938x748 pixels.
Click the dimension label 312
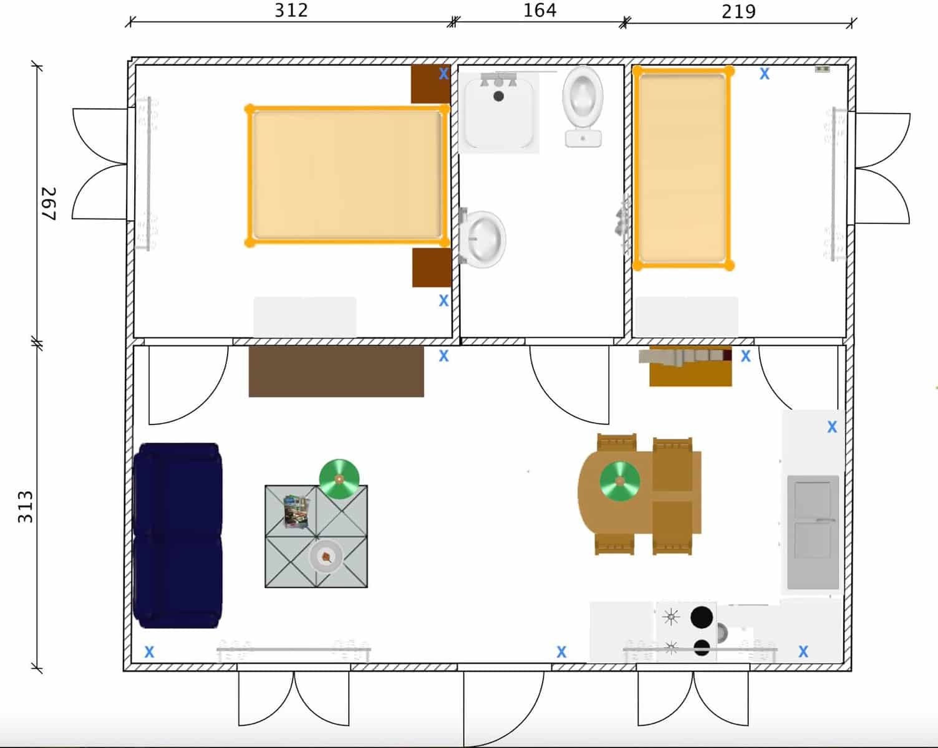[x=291, y=11]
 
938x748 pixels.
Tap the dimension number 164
[x=539, y=11]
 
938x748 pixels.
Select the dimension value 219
[x=738, y=12]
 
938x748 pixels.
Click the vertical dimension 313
[x=25, y=506]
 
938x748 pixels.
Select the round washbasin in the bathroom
[x=485, y=239]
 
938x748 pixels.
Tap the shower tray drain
[x=498, y=96]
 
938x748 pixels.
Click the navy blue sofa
[x=178, y=535]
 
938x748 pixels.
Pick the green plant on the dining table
[x=620, y=481]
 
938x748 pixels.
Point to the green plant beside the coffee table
[x=339, y=479]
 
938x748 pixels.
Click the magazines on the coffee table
[x=296, y=511]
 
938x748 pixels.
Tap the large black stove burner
[x=702, y=617]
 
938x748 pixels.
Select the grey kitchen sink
[x=813, y=532]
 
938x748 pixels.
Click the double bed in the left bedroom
[x=347, y=175]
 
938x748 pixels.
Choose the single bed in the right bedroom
[x=683, y=168]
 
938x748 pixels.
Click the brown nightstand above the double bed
[x=430, y=84]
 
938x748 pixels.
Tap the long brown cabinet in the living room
[x=336, y=372]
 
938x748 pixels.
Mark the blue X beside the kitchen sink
[x=832, y=427]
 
